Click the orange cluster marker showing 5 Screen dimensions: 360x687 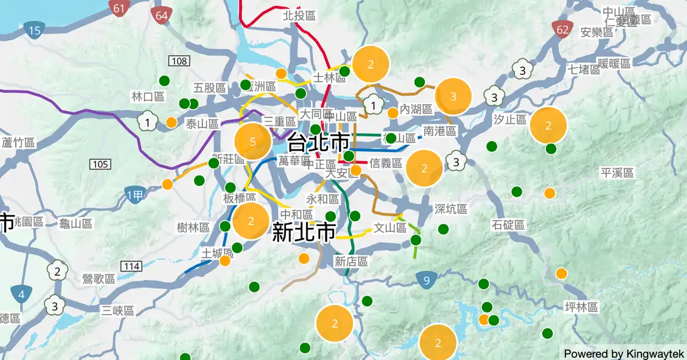pos(253,142)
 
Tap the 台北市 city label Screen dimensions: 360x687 pos(318,142)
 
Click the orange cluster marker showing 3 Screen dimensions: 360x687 pos(453,96)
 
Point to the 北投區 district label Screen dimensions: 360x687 pos(299,16)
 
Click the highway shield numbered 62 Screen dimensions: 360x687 pos(562,29)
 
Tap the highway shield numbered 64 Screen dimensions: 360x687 pos(162,16)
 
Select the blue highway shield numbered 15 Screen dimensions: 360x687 pos(35,30)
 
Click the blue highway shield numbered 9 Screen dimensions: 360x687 pos(426,280)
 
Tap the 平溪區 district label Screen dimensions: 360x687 pos(617,173)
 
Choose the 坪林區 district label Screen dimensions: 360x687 pos(582,307)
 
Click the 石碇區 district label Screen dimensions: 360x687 pos(508,225)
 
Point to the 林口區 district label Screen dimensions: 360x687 pos(148,97)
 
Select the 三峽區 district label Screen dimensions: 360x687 pos(118,310)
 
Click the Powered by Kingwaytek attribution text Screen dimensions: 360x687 pos(623,353)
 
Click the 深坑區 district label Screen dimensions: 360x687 pos(451,209)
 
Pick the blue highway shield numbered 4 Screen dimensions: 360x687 pos(22,294)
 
